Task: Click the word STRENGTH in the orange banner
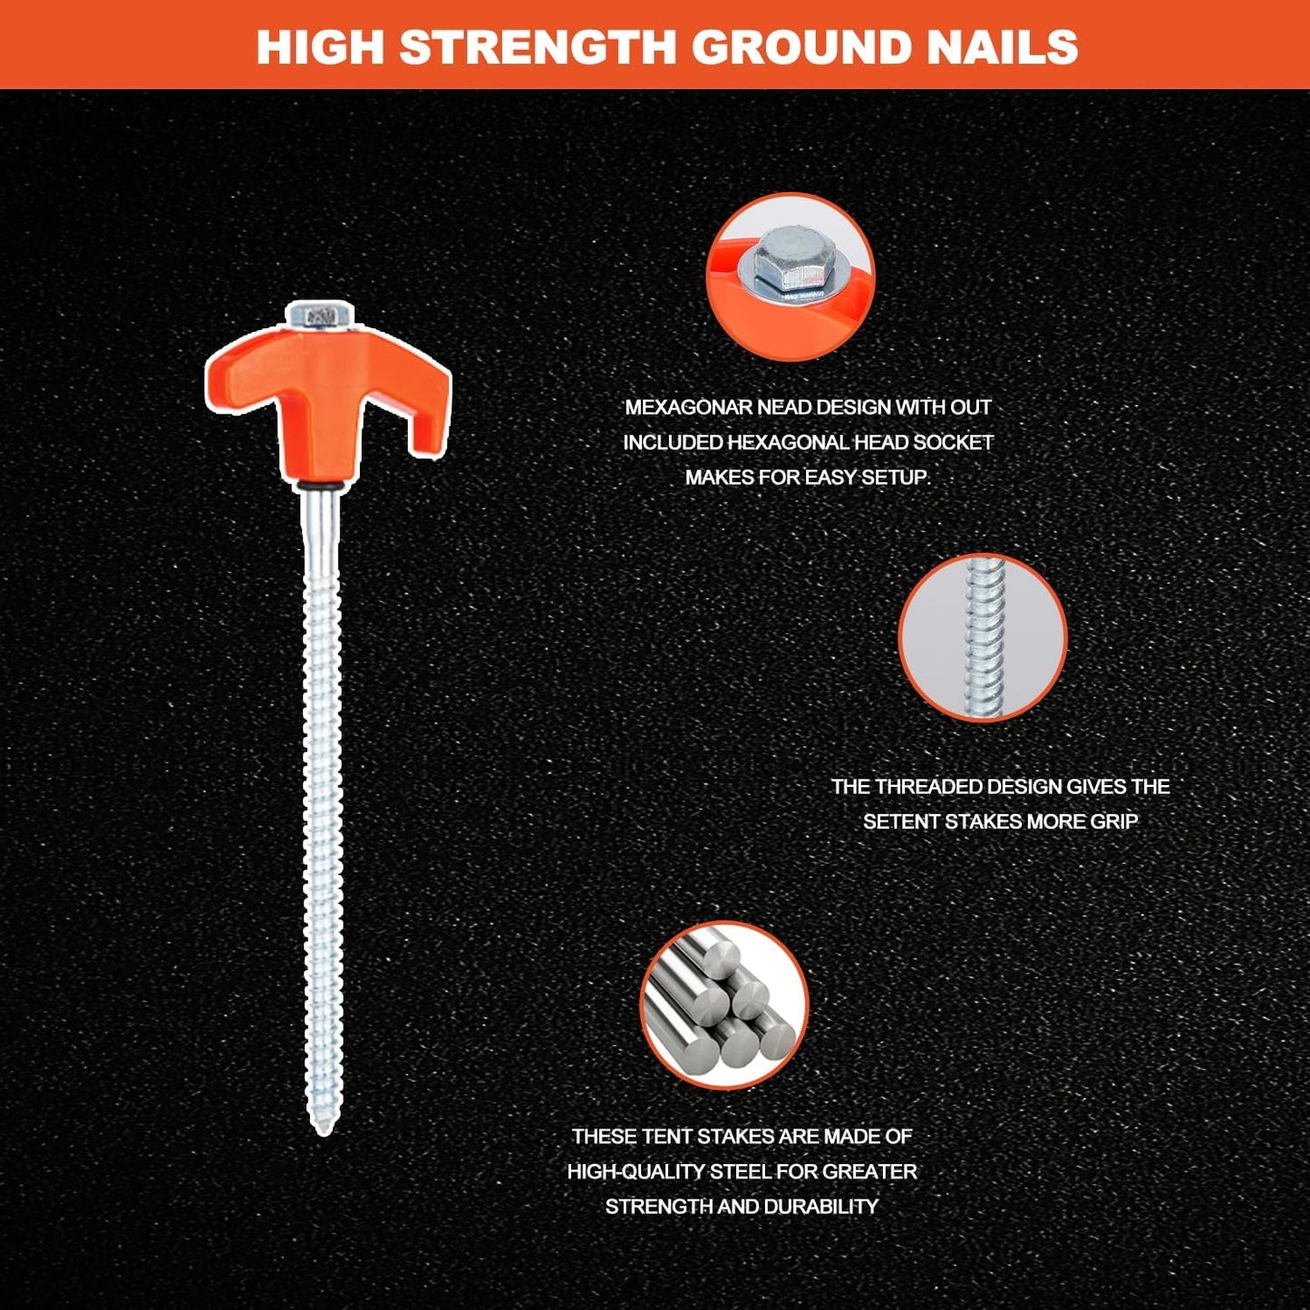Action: (538, 46)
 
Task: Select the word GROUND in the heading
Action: (801, 46)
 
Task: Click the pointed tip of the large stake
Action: (324, 1132)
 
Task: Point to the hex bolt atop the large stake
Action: (320, 315)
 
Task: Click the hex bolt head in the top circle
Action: (794, 259)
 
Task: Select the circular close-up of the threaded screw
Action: (983, 638)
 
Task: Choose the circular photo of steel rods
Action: (724, 1005)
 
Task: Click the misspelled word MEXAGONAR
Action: (688, 408)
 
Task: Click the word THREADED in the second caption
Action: (934, 787)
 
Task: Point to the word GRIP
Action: (1113, 822)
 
